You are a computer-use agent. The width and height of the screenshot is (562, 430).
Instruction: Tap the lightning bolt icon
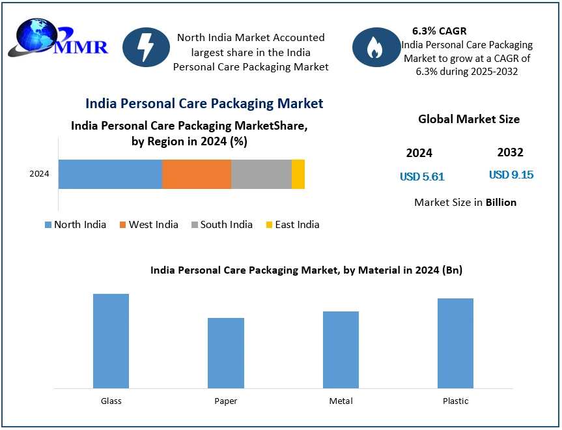pyautogui.click(x=146, y=48)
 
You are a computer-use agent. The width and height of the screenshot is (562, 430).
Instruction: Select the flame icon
pyautogui.click(x=375, y=48)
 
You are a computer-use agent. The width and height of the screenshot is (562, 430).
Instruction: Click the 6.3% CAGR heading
pyautogui.click(x=439, y=31)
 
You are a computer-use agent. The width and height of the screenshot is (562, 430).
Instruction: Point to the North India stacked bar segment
pyautogui.click(x=110, y=174)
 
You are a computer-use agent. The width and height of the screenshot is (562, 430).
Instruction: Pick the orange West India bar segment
pyautogui.click(x=197, y=174)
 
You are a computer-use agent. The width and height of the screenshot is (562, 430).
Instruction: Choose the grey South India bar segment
pyautogui.click(x=261, y=174)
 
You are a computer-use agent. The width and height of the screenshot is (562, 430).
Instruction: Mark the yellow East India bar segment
pyautogui.click(x=298, y=174)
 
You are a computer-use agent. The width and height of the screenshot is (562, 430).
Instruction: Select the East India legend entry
pyautogui.click(x=292, y=225)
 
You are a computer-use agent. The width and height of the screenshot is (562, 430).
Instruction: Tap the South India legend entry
pyautogui.click(x=221, y=225)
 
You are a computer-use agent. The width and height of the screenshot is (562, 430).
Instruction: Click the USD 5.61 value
pyautogui.click(x=422, y=177)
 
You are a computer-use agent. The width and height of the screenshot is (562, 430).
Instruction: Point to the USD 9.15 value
pyautogui.click(x=511, y=175)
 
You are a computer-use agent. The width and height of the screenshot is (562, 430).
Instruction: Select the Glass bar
pyautogui.click(x=111, y=341)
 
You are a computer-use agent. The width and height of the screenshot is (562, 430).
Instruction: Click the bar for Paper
pyautogui.click(x=225, y=352)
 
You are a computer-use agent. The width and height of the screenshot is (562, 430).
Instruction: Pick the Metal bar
pyautogui.click(x=341, y=349)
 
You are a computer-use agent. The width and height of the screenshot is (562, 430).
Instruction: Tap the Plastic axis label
pyautogui.click(x=455, y=401)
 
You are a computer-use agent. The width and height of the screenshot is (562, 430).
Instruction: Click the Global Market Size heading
pyautogui.click(x=469, y=119)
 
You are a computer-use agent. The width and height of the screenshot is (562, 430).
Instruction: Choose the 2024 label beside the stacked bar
pyautogui.click(x=40, y=174)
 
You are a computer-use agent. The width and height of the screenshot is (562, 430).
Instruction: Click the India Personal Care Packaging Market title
pyautogui.click(x=204, y=104)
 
